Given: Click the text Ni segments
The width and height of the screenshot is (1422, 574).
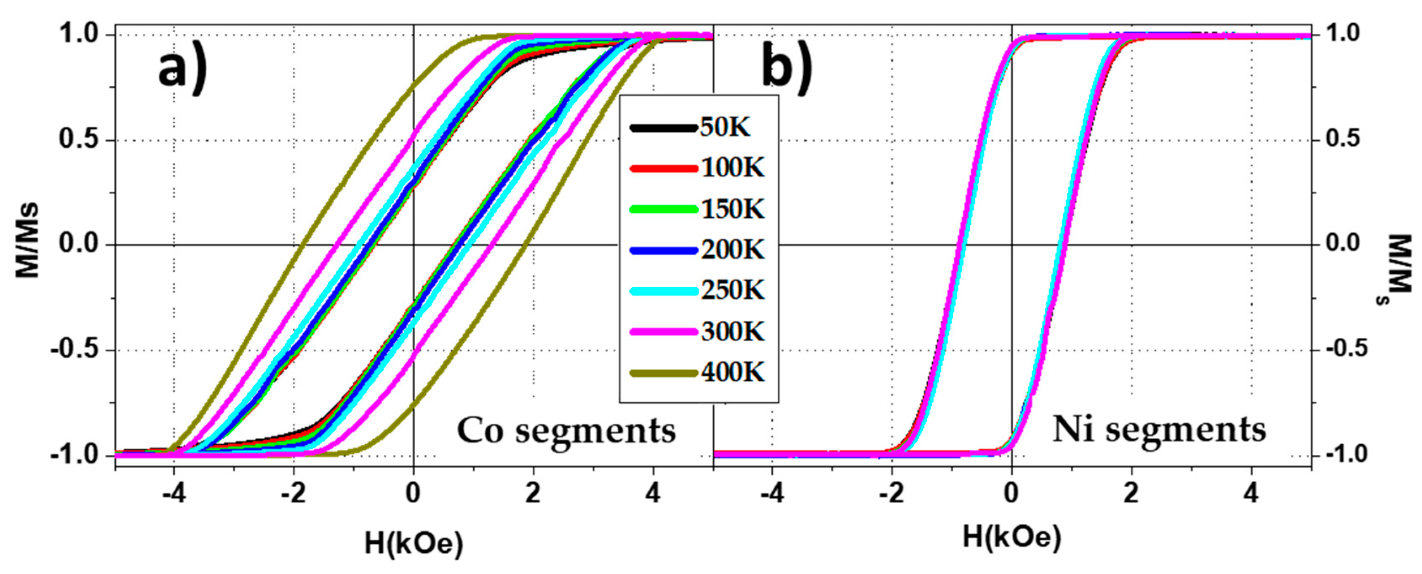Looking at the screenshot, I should click(x=1159, y=430).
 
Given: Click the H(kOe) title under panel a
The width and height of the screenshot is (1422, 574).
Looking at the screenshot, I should click(x=414, y=544).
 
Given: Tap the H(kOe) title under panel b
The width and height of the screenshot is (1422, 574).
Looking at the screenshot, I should click(x=1012, y=537).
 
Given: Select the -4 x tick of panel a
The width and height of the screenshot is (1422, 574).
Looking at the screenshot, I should click(x=174, y=493).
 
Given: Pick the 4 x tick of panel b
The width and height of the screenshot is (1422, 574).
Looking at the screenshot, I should click(x=1251, y=493).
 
